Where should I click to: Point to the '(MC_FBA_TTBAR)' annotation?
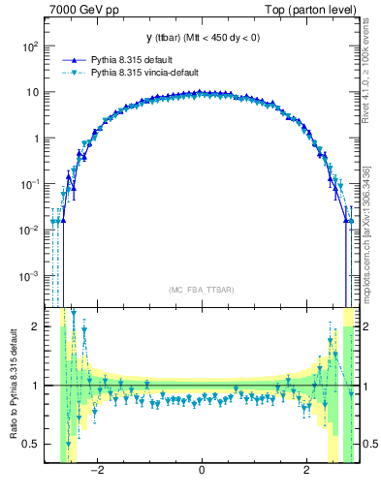click(201, 290)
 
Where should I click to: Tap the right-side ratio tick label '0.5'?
click(367, 444)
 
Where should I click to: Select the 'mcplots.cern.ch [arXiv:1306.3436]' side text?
click(370, 232)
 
